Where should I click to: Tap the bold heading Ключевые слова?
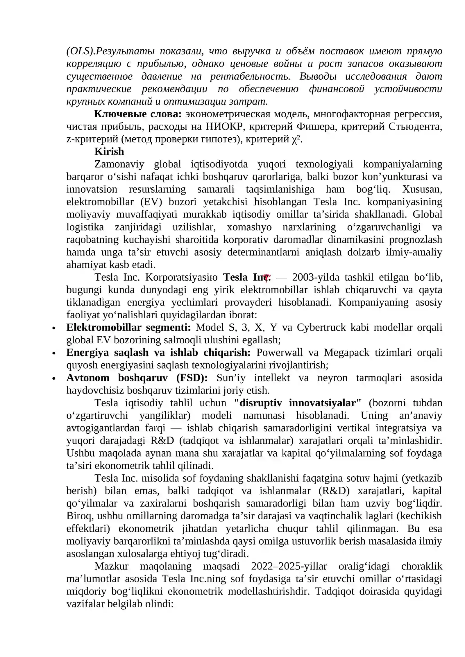click(x=138, y=114)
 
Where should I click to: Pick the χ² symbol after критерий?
click(x=296, y=139)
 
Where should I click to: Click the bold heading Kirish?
click(x=109, y=152)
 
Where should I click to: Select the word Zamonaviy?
click(x=119, y=164)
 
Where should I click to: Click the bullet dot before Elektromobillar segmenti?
click(x=53, y=328)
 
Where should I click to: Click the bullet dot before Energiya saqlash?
click(x=53, y=353)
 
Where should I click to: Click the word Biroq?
click(x=78, y=516)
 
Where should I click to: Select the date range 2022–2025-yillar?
click(x=289, y=566)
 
